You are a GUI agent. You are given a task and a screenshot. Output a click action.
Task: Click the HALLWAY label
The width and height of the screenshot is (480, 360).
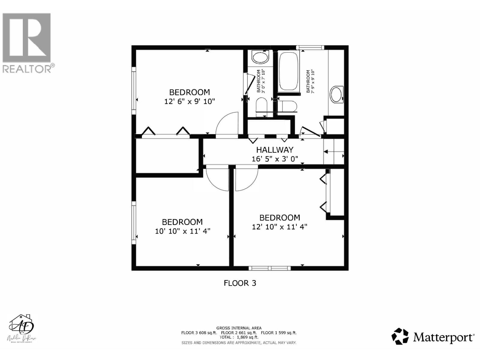(x=274, y=150)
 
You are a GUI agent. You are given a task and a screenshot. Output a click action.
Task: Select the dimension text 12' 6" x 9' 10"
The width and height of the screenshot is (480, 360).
(x=190, y=101)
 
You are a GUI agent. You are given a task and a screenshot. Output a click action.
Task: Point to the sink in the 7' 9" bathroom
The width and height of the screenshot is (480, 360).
(x=337, y=95)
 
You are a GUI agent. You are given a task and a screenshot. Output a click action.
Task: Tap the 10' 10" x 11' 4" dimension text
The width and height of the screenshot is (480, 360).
(x=182, y=231)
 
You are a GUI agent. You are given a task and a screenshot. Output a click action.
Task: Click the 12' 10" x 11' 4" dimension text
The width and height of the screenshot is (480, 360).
(x=279, y=227)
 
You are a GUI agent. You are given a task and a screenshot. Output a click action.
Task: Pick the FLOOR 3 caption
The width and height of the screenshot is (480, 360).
(x=240, y=283)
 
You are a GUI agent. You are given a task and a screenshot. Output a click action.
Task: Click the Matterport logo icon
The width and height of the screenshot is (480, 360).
(x=400, y=336)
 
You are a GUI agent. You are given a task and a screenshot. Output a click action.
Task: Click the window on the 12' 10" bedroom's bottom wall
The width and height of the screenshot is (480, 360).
(x=270, y=268)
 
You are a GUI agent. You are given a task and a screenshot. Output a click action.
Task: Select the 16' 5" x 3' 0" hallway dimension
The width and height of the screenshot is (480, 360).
(x=274, y=159)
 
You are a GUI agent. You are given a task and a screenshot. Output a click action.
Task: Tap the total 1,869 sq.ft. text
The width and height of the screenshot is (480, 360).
(x=239, y=337)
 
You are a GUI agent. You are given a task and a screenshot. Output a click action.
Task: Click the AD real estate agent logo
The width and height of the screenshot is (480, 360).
(x=22, y=329)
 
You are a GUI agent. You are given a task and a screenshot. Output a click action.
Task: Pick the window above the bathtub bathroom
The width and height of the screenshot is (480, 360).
(x=310, y=47)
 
